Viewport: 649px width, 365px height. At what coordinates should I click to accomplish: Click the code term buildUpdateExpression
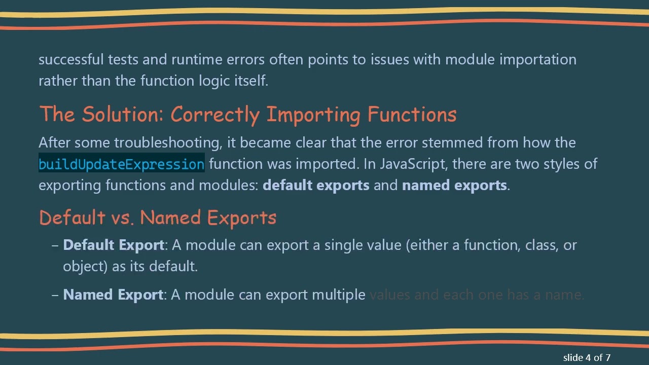pyautogui.click(x=121, y=164)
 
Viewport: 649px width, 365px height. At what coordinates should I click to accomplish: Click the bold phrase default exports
pyautogui.click(x=316, y=185)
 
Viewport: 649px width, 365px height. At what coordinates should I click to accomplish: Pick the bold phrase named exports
pyautogui.click(x=454, y=185)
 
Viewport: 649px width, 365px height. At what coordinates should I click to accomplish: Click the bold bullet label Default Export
pyautogui.click(x=114, y=245)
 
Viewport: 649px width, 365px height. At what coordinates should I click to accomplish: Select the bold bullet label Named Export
pyautogui.click(x=113, y=295)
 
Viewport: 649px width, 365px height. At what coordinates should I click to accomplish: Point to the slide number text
pyautogui.click(x=587, y=357)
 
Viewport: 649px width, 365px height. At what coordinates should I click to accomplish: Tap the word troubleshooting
pyautogui.click(x=168, y=142)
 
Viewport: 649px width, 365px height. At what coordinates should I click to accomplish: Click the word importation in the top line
pyautogui.click(x=538, y=59)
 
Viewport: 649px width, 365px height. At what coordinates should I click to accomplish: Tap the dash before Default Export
pyautogui.click(x=55, y=245)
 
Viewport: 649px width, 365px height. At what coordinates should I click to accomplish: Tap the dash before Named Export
pyautogui.click(x=55, y=295)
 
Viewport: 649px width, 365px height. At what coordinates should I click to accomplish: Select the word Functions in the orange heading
pyautogui.click(x=412, y=115)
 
